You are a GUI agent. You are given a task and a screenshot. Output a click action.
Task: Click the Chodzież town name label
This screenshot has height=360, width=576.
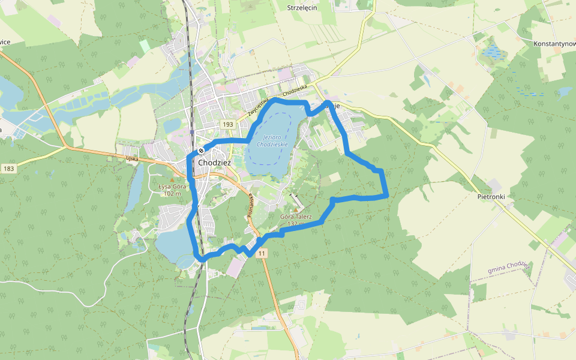(214, 163)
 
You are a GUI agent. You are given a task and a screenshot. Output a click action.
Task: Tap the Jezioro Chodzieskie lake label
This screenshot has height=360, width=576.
(272, 141)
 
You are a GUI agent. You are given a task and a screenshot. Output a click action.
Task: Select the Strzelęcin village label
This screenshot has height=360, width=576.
(302, 8)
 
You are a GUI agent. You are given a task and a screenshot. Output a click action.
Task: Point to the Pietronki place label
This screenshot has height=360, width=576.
(491, 196)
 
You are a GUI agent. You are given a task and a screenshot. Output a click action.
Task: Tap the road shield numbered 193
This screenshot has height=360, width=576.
(227, 124)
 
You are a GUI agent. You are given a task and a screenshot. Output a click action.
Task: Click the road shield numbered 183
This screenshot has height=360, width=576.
(8, 169)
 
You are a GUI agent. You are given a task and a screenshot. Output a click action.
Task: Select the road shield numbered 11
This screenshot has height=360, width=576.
(262, 254)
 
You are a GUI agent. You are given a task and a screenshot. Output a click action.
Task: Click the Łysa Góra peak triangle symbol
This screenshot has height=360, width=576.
(172, 179)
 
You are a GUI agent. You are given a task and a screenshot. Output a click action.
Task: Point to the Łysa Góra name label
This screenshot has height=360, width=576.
(172, 187)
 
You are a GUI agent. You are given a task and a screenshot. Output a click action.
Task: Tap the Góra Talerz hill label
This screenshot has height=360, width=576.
(296, 217)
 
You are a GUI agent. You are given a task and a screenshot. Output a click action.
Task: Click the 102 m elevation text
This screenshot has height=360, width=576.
(172, 193)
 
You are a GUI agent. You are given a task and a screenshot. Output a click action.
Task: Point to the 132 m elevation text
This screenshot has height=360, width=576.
(296, 224)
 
